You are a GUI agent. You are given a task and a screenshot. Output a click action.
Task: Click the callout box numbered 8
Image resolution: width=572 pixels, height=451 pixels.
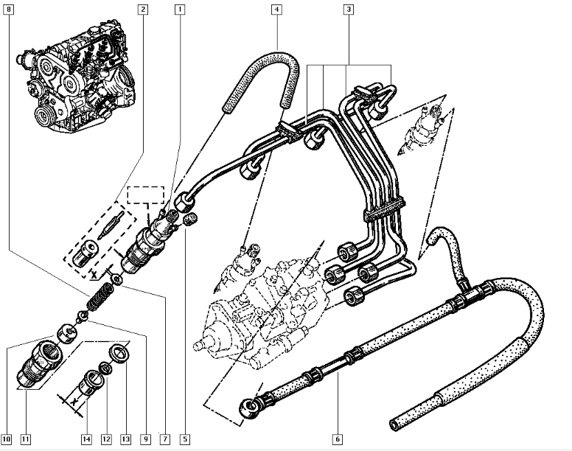9,10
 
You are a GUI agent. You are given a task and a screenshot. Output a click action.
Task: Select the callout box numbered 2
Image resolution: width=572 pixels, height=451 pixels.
142,10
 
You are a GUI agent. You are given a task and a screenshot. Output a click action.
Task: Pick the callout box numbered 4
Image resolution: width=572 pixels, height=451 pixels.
276,10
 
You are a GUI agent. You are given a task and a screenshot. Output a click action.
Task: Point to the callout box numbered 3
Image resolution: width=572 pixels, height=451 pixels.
349,10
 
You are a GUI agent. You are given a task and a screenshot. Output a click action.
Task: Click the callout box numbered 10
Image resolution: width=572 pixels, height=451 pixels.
7,440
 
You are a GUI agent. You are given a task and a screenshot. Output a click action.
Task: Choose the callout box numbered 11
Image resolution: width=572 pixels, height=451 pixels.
26,440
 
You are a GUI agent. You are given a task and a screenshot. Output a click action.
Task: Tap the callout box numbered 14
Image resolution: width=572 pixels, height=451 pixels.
86,440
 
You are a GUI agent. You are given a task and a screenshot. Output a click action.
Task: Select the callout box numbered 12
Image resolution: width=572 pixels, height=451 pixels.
106,440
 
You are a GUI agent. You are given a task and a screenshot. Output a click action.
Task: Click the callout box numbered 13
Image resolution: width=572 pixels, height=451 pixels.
126,440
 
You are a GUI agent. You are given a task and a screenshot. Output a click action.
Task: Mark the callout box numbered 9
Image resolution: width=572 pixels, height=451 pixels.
146,440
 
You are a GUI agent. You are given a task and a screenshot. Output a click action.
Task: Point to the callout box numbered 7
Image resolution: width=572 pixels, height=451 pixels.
165,440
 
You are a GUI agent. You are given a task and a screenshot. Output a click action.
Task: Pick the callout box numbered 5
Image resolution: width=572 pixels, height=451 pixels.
185,440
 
